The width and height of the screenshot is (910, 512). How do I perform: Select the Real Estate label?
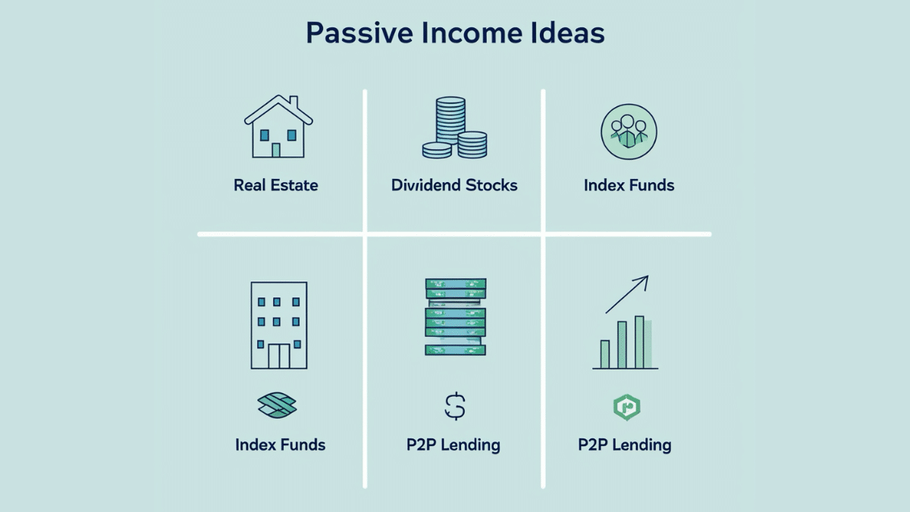tap(276, 185)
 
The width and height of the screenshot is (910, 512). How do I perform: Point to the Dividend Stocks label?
tap(454, 185)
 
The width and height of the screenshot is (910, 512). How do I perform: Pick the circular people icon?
tap(628, 130)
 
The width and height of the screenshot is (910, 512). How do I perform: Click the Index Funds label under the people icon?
tap(629, 185)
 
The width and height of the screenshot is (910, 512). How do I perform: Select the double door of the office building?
tap(278, 356)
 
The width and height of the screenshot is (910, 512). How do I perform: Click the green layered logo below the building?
tap(278, 406)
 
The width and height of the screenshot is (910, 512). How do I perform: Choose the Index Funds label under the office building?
tap(280, 444)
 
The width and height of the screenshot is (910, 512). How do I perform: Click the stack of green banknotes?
tap(454, 317)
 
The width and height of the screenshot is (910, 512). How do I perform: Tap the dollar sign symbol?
tap(454, 407)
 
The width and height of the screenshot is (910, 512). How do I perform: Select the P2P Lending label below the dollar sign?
tap(453, 444)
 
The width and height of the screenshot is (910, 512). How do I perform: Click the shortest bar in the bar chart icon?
tap(605, 353)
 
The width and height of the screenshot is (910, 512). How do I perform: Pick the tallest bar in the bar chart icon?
tap(639, 341)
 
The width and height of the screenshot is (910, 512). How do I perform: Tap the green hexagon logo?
tap(626, 407)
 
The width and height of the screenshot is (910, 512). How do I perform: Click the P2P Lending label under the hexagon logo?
tap(625, 444)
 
